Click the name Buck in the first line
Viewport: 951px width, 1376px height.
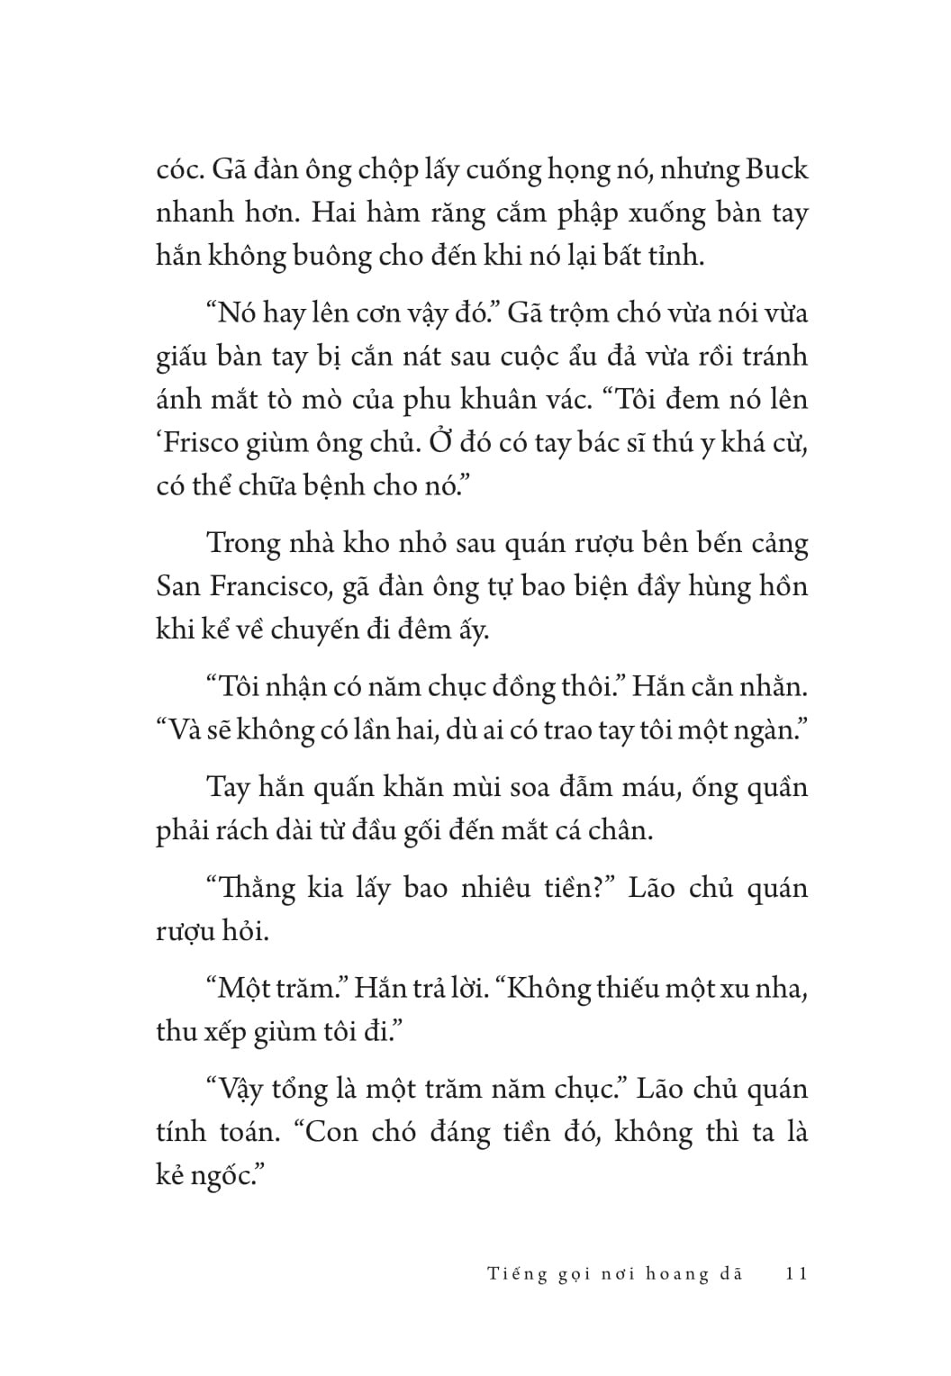click(774, 170)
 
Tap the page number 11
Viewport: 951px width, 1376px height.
click(796, 1273)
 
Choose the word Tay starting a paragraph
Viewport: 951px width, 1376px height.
click(227, 788)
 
